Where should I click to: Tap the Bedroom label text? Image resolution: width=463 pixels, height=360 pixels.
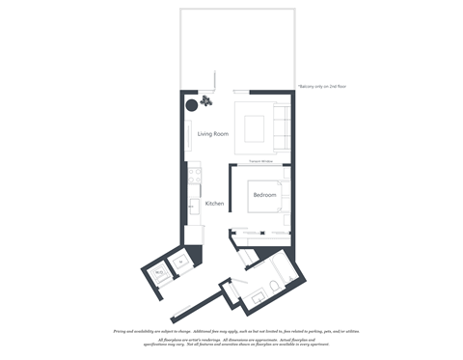pyautogui.click(x=264, y=195)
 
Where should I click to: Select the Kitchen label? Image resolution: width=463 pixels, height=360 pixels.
pyautogui.click(x=214, y=204)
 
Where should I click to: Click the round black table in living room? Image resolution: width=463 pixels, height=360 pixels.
pyautogui.click(x=191, y=105)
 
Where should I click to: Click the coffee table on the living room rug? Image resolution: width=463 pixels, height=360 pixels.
pyautogui.click(x=254, y=127)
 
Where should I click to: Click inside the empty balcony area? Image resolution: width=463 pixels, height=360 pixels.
pyautogui.click(x=235, y=48)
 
